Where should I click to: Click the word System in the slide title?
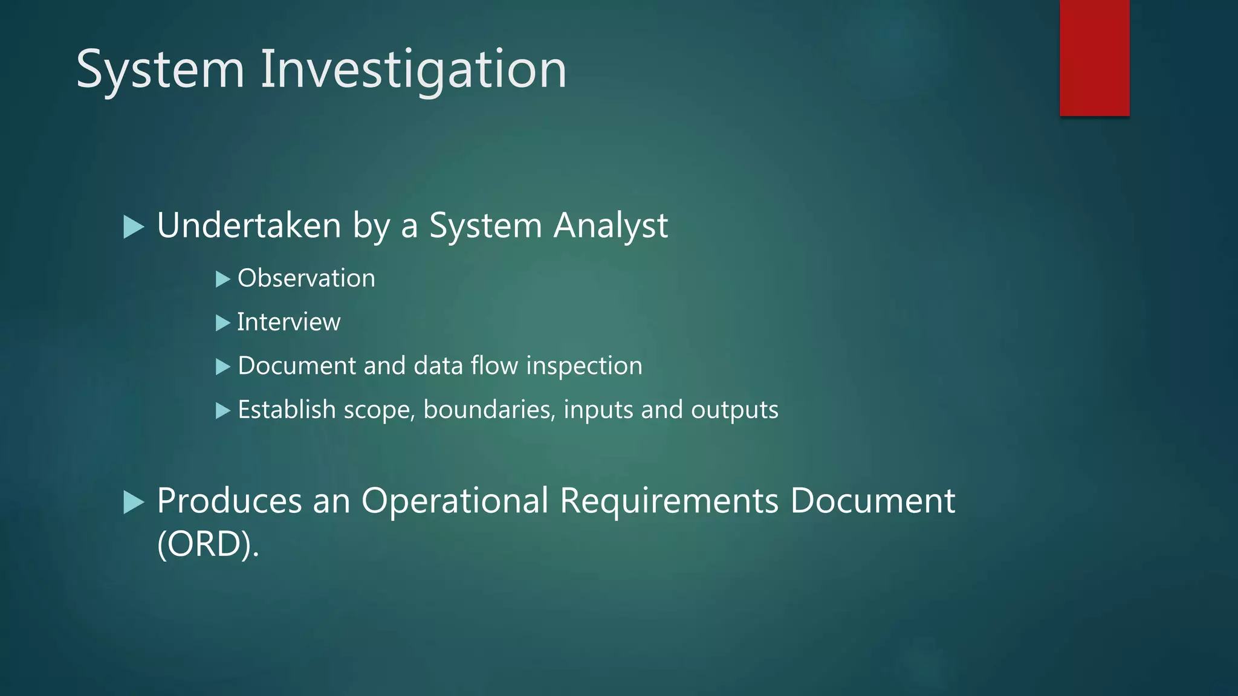click(160, 70)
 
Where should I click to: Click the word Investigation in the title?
click(413, 70)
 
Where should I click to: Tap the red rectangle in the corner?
click(1094, 57)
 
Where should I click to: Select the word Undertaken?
click(249, 226)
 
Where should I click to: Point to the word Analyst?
click(611, 226)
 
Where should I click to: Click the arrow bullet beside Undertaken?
click(133, 227)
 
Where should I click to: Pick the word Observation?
click(306, 279)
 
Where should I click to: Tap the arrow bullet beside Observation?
click(223, 279)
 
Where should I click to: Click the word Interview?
click(289, 322)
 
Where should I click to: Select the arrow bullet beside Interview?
click(223, 323)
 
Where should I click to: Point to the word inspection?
click(584, 366)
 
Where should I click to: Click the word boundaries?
click(488, 410)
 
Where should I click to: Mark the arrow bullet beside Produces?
click(133, 502)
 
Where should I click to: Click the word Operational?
click(455, 501)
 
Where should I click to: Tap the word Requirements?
click(669, 501)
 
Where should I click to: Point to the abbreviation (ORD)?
click(207, 545)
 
